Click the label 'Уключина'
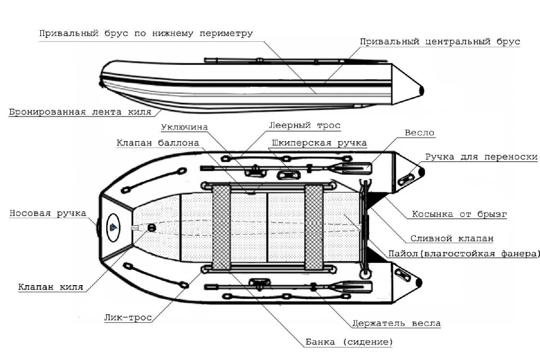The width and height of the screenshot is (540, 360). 184,127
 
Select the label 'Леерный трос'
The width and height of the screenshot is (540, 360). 305,126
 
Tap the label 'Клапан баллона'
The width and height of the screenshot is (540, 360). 158,143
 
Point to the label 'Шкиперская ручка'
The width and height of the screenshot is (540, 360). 319,143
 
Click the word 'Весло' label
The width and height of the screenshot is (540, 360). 419,133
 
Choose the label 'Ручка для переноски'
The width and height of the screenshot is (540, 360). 481,157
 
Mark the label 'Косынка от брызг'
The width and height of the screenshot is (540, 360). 459,214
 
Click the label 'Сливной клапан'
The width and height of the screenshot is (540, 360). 452,239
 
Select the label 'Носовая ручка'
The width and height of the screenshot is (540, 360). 48,213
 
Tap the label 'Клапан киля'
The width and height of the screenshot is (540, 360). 51,287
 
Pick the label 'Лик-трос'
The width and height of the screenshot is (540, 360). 128,318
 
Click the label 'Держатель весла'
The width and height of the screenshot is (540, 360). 396,323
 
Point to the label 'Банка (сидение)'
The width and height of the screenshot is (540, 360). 349,342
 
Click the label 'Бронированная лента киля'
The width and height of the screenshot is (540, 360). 80,112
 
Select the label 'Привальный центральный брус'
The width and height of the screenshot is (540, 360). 440,42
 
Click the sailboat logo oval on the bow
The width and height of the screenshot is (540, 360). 113,228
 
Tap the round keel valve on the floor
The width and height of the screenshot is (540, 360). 152,228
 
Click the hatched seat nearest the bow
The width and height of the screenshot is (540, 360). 221,228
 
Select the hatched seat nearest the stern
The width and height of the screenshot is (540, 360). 314,228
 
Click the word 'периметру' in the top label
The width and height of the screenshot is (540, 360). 226,33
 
